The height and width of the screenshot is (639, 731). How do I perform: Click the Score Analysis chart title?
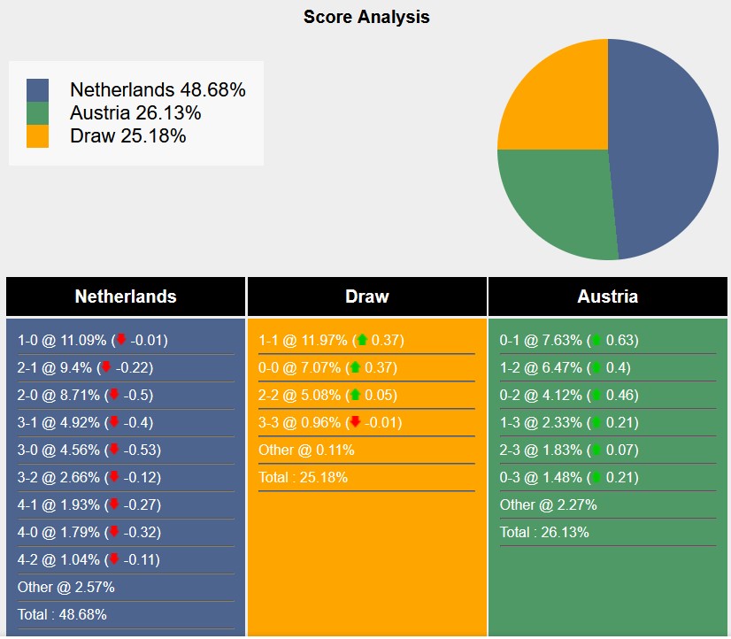(x=366, y=17)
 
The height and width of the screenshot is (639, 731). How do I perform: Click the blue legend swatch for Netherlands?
(x=38, y=90)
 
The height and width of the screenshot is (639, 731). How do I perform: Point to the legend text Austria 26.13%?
(x=135, y=113)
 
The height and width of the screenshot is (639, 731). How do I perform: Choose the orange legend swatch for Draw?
(x=38, y=136)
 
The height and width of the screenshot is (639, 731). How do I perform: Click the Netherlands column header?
(x=126, y=296)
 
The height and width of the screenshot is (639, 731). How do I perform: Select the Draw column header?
(x=366, y=296)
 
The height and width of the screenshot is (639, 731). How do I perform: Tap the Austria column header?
(x=608, y=296)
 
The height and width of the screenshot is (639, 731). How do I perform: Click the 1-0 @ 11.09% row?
(x=92, y=341)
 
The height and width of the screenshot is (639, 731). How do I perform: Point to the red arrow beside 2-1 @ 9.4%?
(x=105, y=367)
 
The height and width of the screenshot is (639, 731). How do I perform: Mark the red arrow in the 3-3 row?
(x=356, y=422)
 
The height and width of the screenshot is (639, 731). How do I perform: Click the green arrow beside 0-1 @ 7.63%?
(x=596, y=341)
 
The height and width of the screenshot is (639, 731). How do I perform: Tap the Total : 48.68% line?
(x=62, y=614)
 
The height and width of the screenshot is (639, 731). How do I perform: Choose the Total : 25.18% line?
(x=303, y=477)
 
